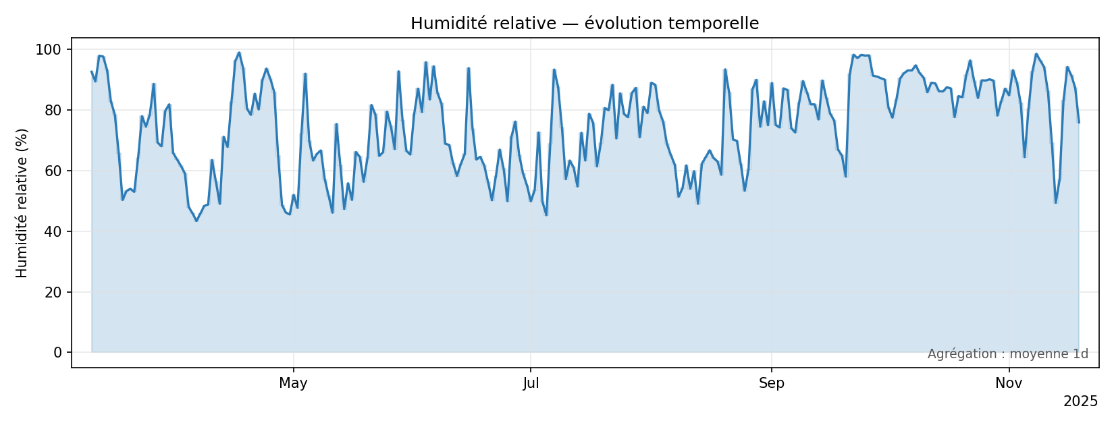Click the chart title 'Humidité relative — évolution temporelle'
coord(585,24)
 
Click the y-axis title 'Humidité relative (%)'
coord(22,202)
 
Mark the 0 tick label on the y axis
coord(57,352)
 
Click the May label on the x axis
coord(293,384)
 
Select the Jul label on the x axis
coord(531,384)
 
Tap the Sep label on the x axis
coord(771,384)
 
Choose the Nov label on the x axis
coord(1009,384)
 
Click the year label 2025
coord(1080,401)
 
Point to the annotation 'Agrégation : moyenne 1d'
coord(1007,354)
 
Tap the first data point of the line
coord(92,72)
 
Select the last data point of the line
coord(1078,122)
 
